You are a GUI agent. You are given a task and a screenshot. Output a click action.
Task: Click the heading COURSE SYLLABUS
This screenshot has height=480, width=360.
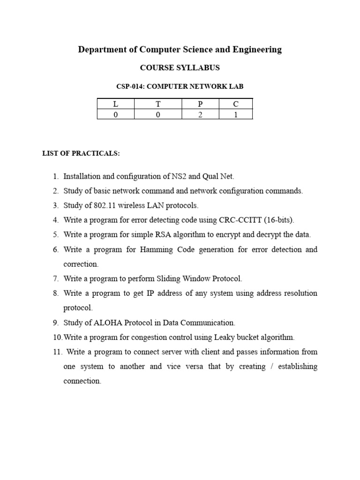coord(180,68)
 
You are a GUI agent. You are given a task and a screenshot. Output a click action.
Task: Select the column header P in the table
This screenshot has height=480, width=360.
coord(200,104)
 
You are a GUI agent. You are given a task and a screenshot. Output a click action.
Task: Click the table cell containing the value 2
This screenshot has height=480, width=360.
coord(200,114)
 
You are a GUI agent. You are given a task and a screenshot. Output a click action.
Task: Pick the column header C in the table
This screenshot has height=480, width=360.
coord(236,104)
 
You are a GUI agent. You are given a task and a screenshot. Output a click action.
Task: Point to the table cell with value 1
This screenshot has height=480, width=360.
coord(236,114)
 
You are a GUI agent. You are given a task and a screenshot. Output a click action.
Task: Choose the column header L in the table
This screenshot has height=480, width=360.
coord(116,104)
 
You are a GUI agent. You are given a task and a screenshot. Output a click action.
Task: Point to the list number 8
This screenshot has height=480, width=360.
coord(55,293)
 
